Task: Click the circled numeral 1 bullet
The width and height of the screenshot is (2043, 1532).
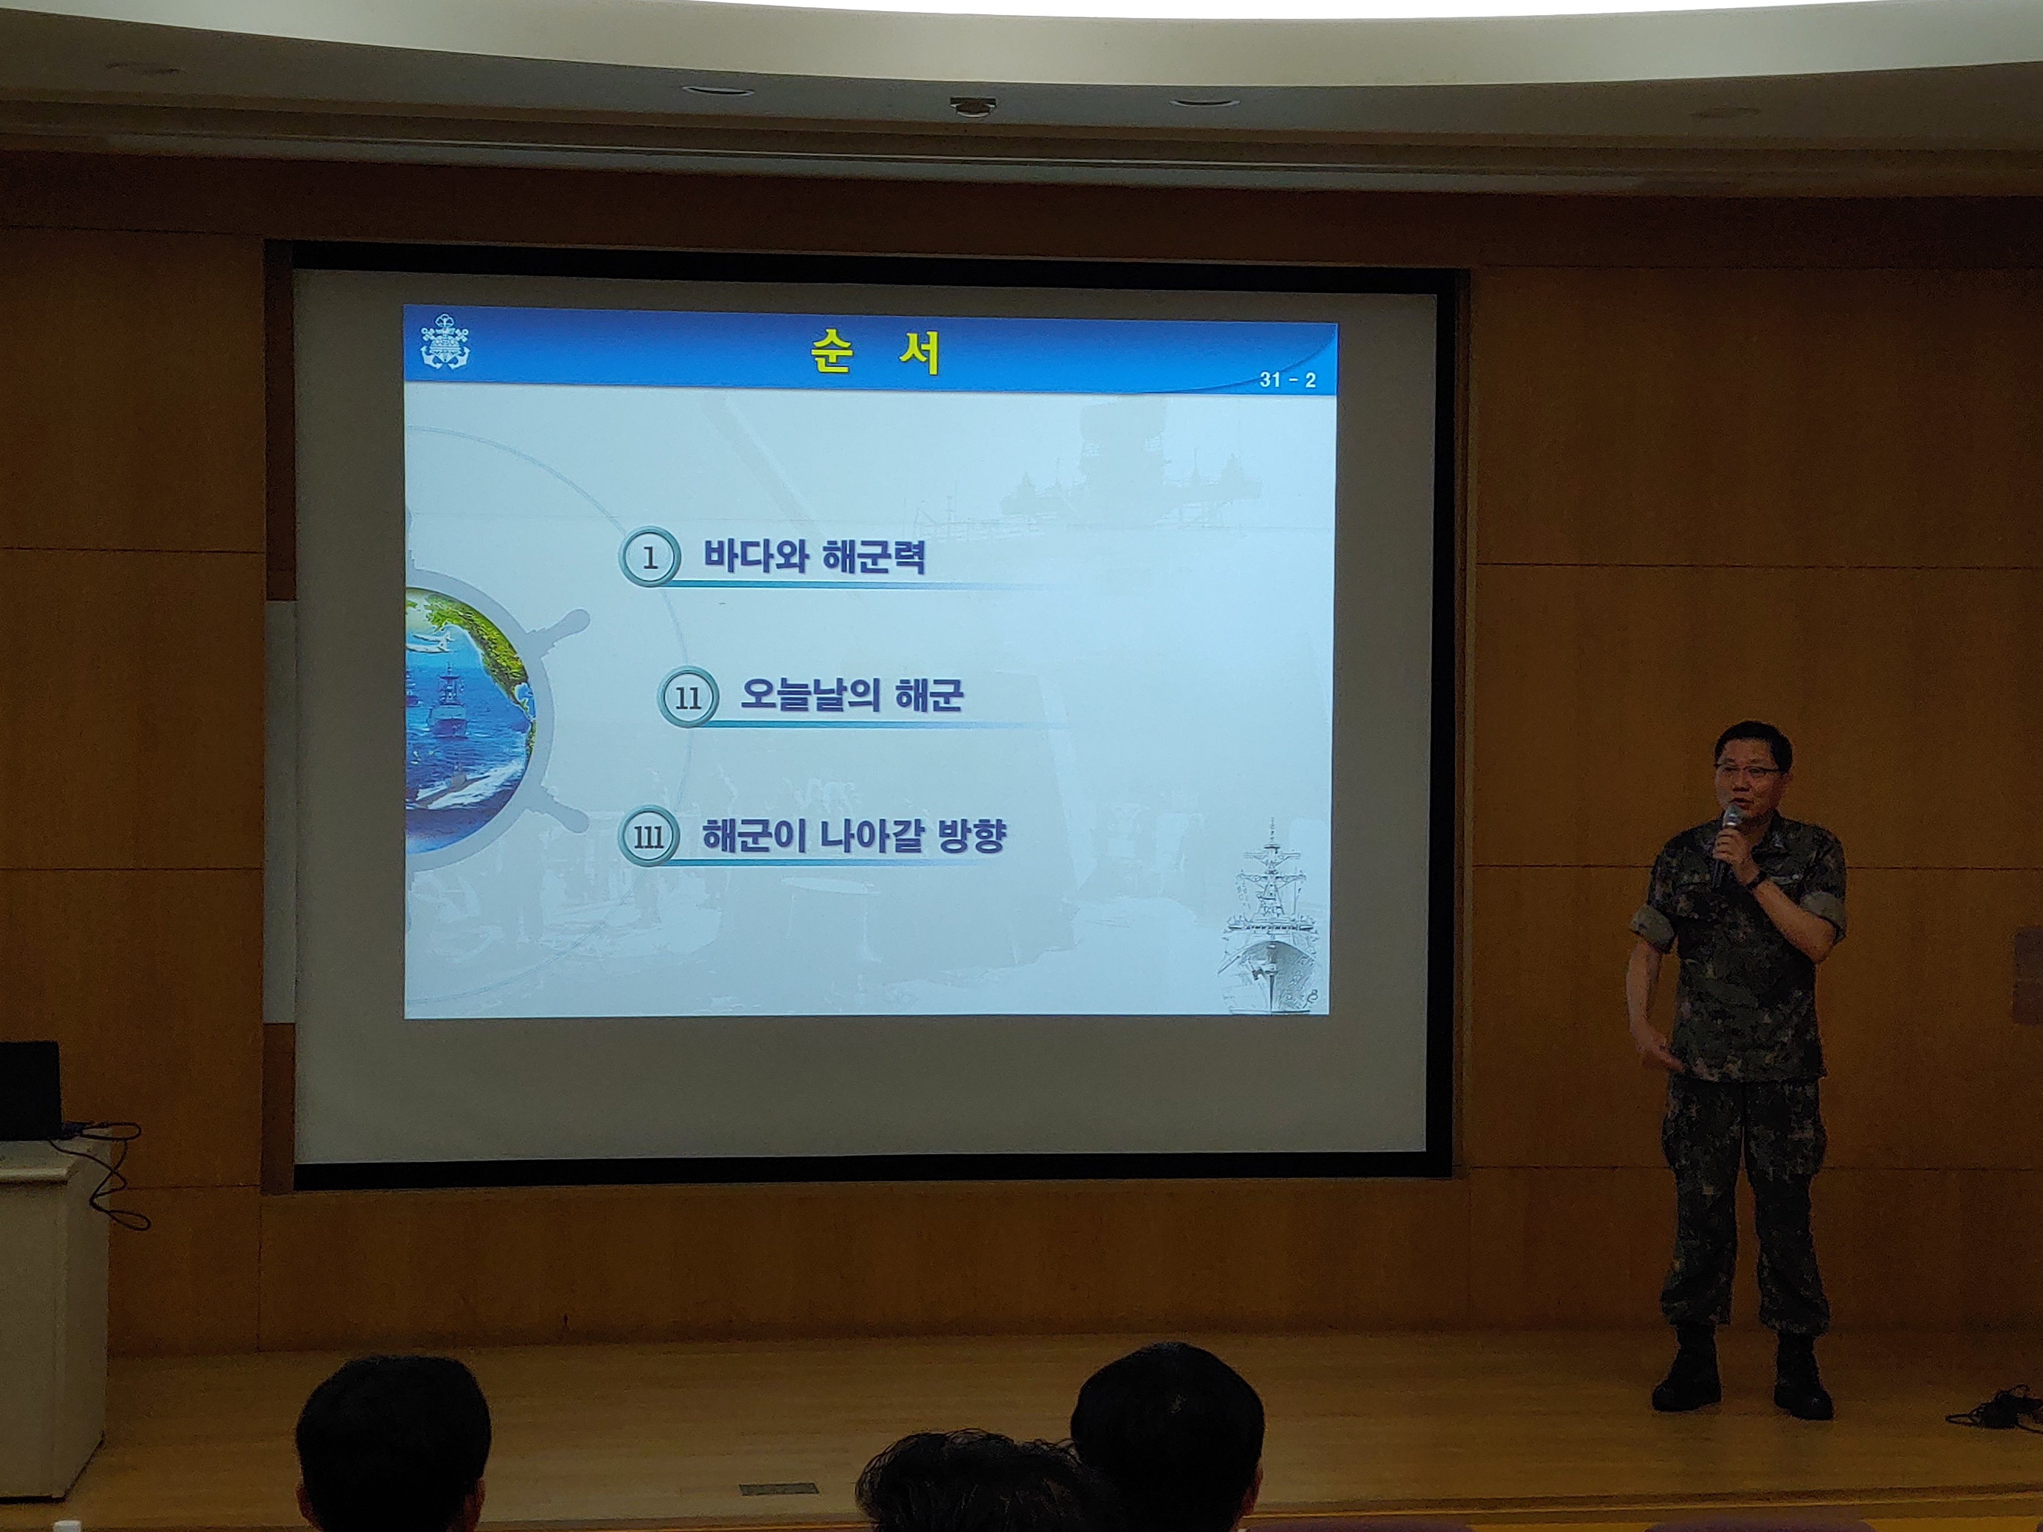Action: click(649, 557)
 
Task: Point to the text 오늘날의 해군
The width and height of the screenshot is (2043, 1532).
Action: click(852, 695)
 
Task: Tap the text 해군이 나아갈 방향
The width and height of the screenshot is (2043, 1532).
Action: click(853, 835)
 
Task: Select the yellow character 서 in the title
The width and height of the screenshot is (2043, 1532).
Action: click(920, 352)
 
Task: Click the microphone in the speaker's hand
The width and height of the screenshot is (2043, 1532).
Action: click(1725, 842)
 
